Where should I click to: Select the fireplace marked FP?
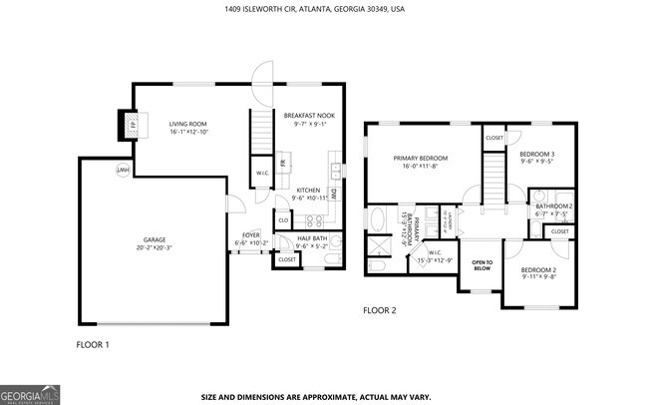tap(130, 125)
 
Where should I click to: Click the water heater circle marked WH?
tap(123, 171)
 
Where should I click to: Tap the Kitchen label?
tap(308, 190)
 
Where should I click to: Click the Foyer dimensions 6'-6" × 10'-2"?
tap(251, 243)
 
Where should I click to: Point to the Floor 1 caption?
tap(93, 345)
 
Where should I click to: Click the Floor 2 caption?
tap(380, 310)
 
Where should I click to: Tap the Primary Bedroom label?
tap(420, 159)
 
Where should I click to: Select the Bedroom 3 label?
tap(536, 154)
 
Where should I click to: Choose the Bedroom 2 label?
tap(537, 270)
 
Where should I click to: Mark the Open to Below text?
tap(482, 266)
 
